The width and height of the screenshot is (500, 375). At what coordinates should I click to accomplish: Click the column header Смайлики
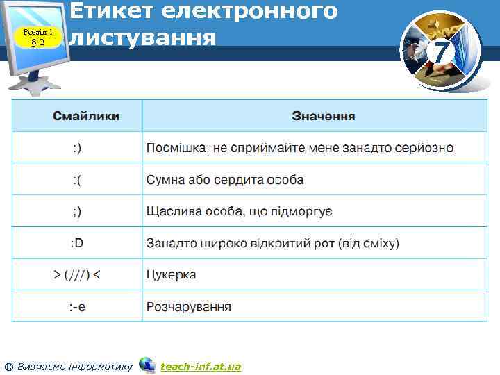coord(86,115)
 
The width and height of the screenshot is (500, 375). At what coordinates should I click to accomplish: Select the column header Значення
coord(324,115)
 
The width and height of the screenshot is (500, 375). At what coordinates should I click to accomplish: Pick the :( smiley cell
coord(77,180)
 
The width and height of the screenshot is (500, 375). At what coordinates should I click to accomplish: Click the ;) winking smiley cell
coord(76,210)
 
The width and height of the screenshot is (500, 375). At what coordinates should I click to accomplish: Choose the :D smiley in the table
coord(77,243)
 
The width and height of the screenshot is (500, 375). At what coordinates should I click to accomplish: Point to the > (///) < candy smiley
coord(77,275)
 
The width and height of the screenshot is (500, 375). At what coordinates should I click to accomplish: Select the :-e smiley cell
coord(77,306)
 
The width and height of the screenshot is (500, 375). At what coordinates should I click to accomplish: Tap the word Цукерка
coord(171,275)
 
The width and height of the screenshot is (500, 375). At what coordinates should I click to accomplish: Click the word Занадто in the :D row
coord(170,243)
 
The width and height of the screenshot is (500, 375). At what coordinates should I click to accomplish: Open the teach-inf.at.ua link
coord(201,366)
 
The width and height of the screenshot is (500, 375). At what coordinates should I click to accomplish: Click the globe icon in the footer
coord(147,365)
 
